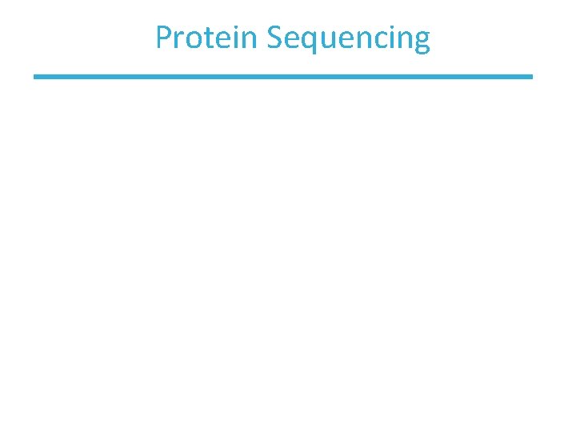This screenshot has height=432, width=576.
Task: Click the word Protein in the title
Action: pyautogui.click(x=206, y=38)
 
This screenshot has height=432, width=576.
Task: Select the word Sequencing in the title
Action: pyautogui.click(x=349, y=38)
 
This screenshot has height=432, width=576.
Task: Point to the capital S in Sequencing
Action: pyautogui.click(x=274, y=38)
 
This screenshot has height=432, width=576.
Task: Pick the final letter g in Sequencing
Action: pyautogui.click(x=421, y=42)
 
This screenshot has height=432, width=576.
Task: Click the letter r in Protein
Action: pyautogui.click(x=178, y=39)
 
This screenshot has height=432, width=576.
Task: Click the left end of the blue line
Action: pyautogui.click(x=36, y=77)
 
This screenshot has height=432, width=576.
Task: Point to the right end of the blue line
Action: pyautogui.click(x=530, y=77)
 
